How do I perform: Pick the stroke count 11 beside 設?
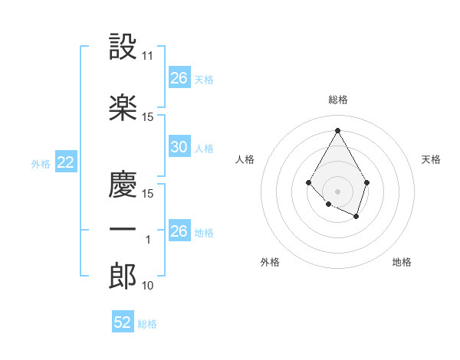(148, 56)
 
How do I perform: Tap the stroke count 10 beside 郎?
(148, 286)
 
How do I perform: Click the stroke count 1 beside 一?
(148, 240)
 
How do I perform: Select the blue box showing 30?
(179, 147)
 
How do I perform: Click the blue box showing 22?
(65, 162)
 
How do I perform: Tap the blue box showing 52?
(123, 322)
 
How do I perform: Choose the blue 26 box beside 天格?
(179, 78)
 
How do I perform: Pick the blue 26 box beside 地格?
(179, 231)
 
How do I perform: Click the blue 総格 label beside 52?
(147, 324)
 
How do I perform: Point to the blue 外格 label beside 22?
(41, 163)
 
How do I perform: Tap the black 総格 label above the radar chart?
(337, 100)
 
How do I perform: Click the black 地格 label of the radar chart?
(402, 263)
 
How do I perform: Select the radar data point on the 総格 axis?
(337, 129)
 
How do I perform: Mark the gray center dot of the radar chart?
(337, 191)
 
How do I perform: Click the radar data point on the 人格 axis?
(308, 182)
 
